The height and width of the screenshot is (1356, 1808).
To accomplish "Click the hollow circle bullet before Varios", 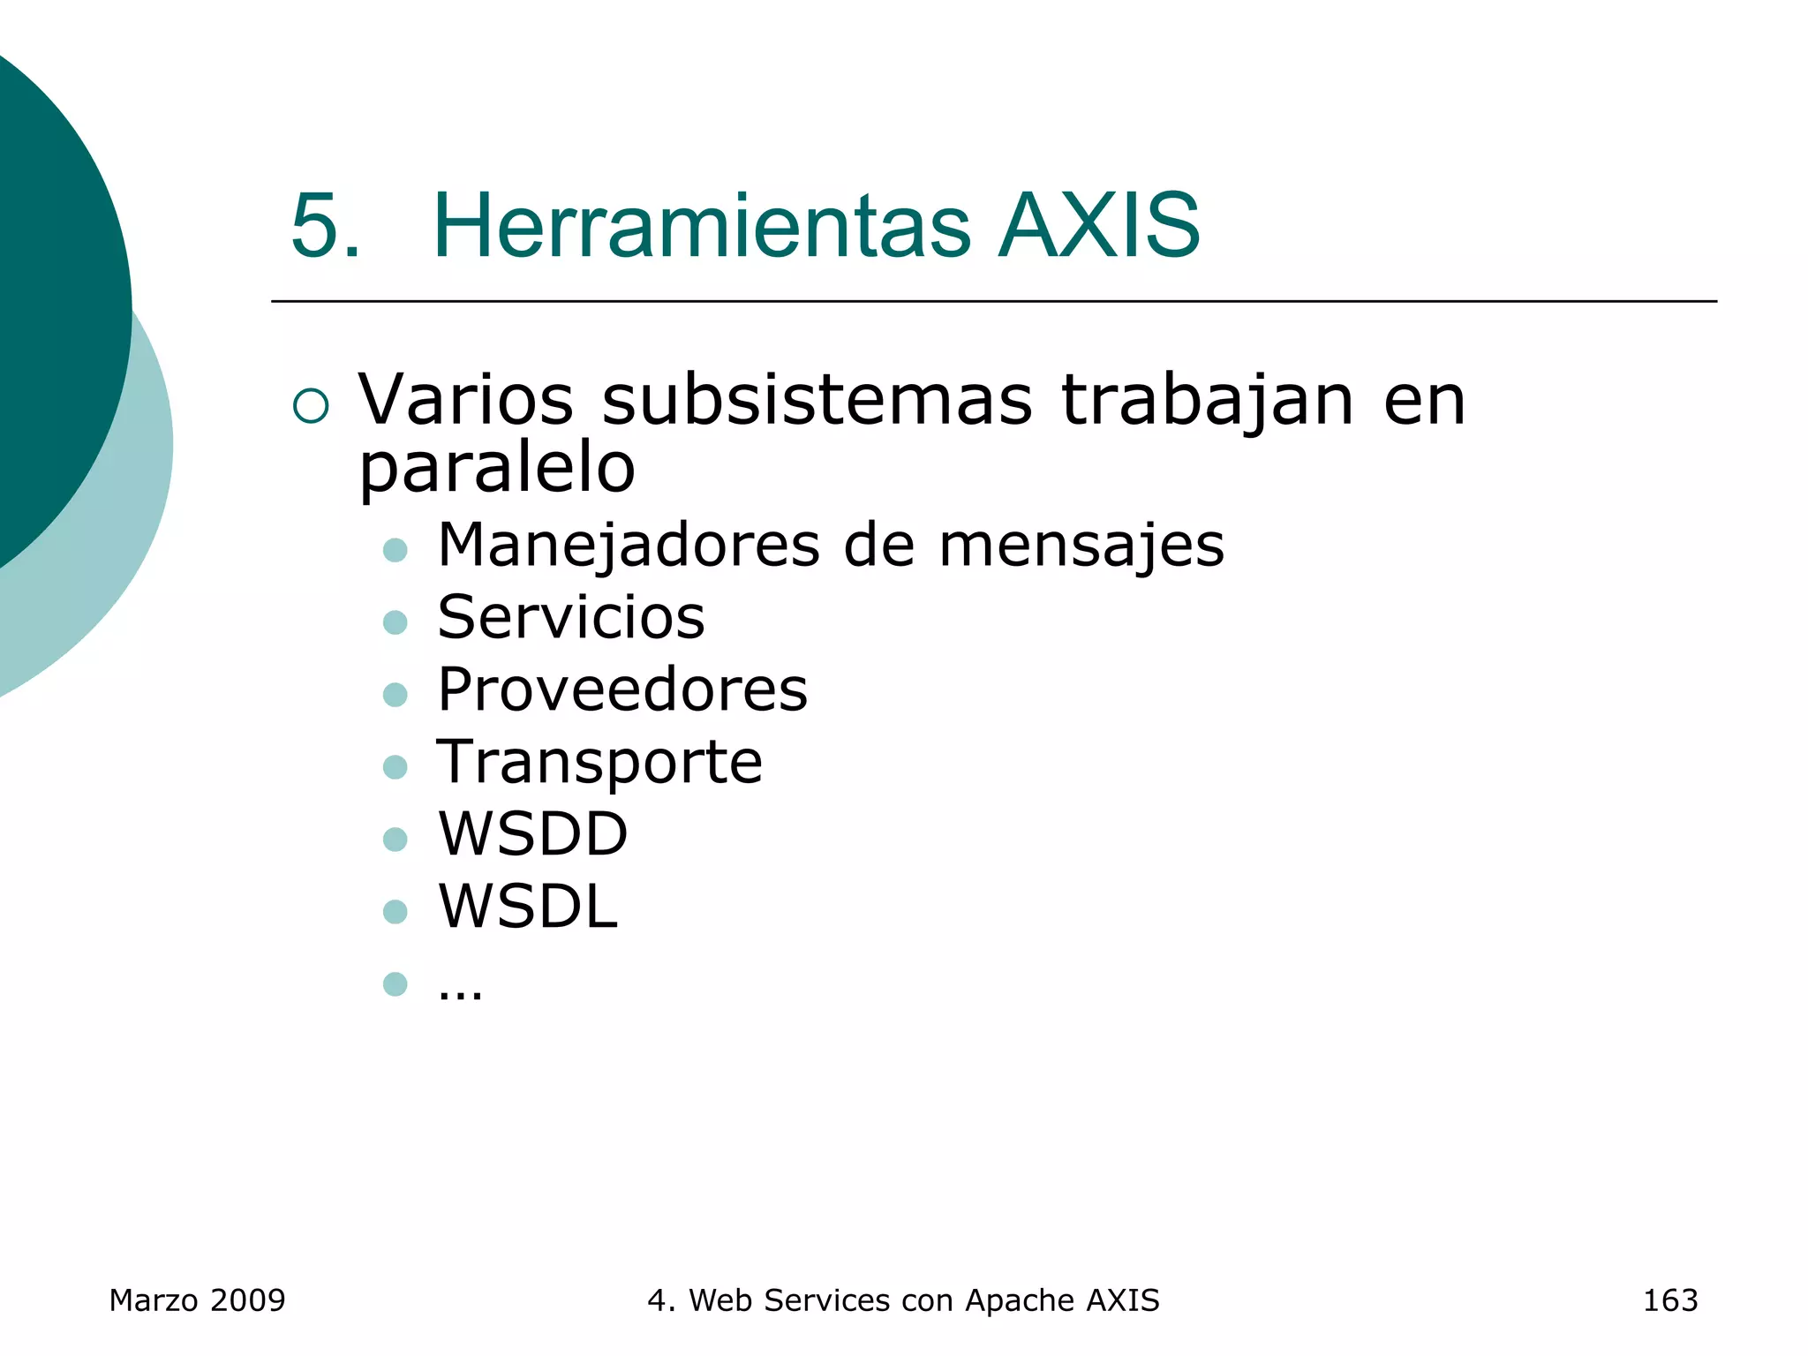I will pos(311,405).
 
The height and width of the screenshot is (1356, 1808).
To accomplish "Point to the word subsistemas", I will pos(817,400).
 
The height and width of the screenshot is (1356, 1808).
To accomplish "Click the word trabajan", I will pos(1207,400).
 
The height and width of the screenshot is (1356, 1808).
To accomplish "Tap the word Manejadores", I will pos(629,545).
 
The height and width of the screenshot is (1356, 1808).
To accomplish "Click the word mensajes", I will pos(1081,546).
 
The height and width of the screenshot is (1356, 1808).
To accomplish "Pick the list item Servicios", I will pos(571,617).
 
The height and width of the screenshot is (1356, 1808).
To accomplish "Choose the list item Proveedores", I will pos(622,689).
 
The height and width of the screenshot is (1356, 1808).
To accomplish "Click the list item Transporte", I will pos(599,763).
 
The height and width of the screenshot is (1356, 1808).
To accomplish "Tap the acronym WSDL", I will pos(528,907).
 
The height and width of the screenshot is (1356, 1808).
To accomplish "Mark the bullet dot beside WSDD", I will pos(395,839).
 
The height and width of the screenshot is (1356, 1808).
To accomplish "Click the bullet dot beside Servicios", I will pos(395,622).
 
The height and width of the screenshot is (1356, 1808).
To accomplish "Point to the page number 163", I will pos(1669,1300).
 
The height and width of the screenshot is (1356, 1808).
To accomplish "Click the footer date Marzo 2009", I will pos(197,1300).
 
